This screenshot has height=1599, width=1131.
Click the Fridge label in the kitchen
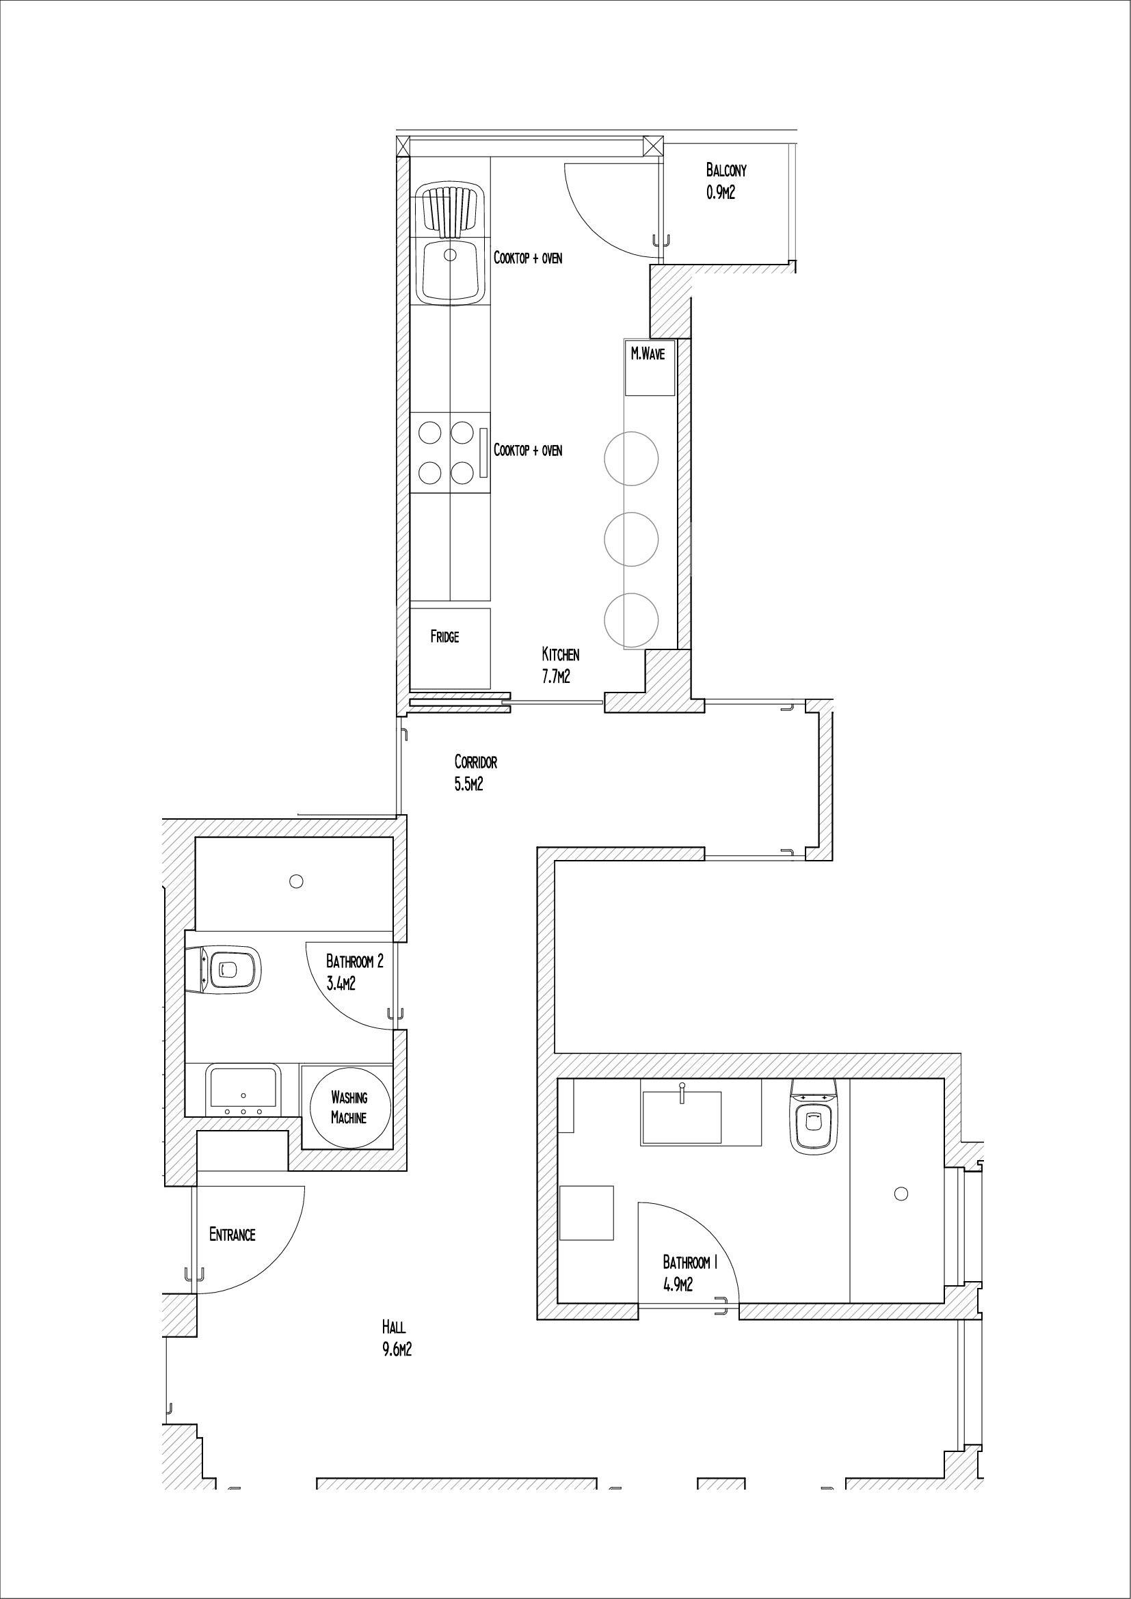click(x=444, y=636)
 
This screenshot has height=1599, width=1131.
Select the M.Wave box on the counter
click(x=648, y=366)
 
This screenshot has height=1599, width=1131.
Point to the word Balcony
click(x=726, y=170)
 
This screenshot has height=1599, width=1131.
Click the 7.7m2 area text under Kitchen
click(x=556, y=675)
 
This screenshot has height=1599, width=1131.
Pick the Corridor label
click(x=476, y=761)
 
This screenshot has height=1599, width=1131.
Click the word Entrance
click(x=232, y=1235)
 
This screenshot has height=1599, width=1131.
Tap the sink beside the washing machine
click(x=243, y=1091)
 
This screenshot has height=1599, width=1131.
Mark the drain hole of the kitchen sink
click(x=451, y=255)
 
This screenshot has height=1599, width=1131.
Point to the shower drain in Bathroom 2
click(x=296, y=882)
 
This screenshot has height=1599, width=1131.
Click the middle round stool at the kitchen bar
click(x=631, y=539)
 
